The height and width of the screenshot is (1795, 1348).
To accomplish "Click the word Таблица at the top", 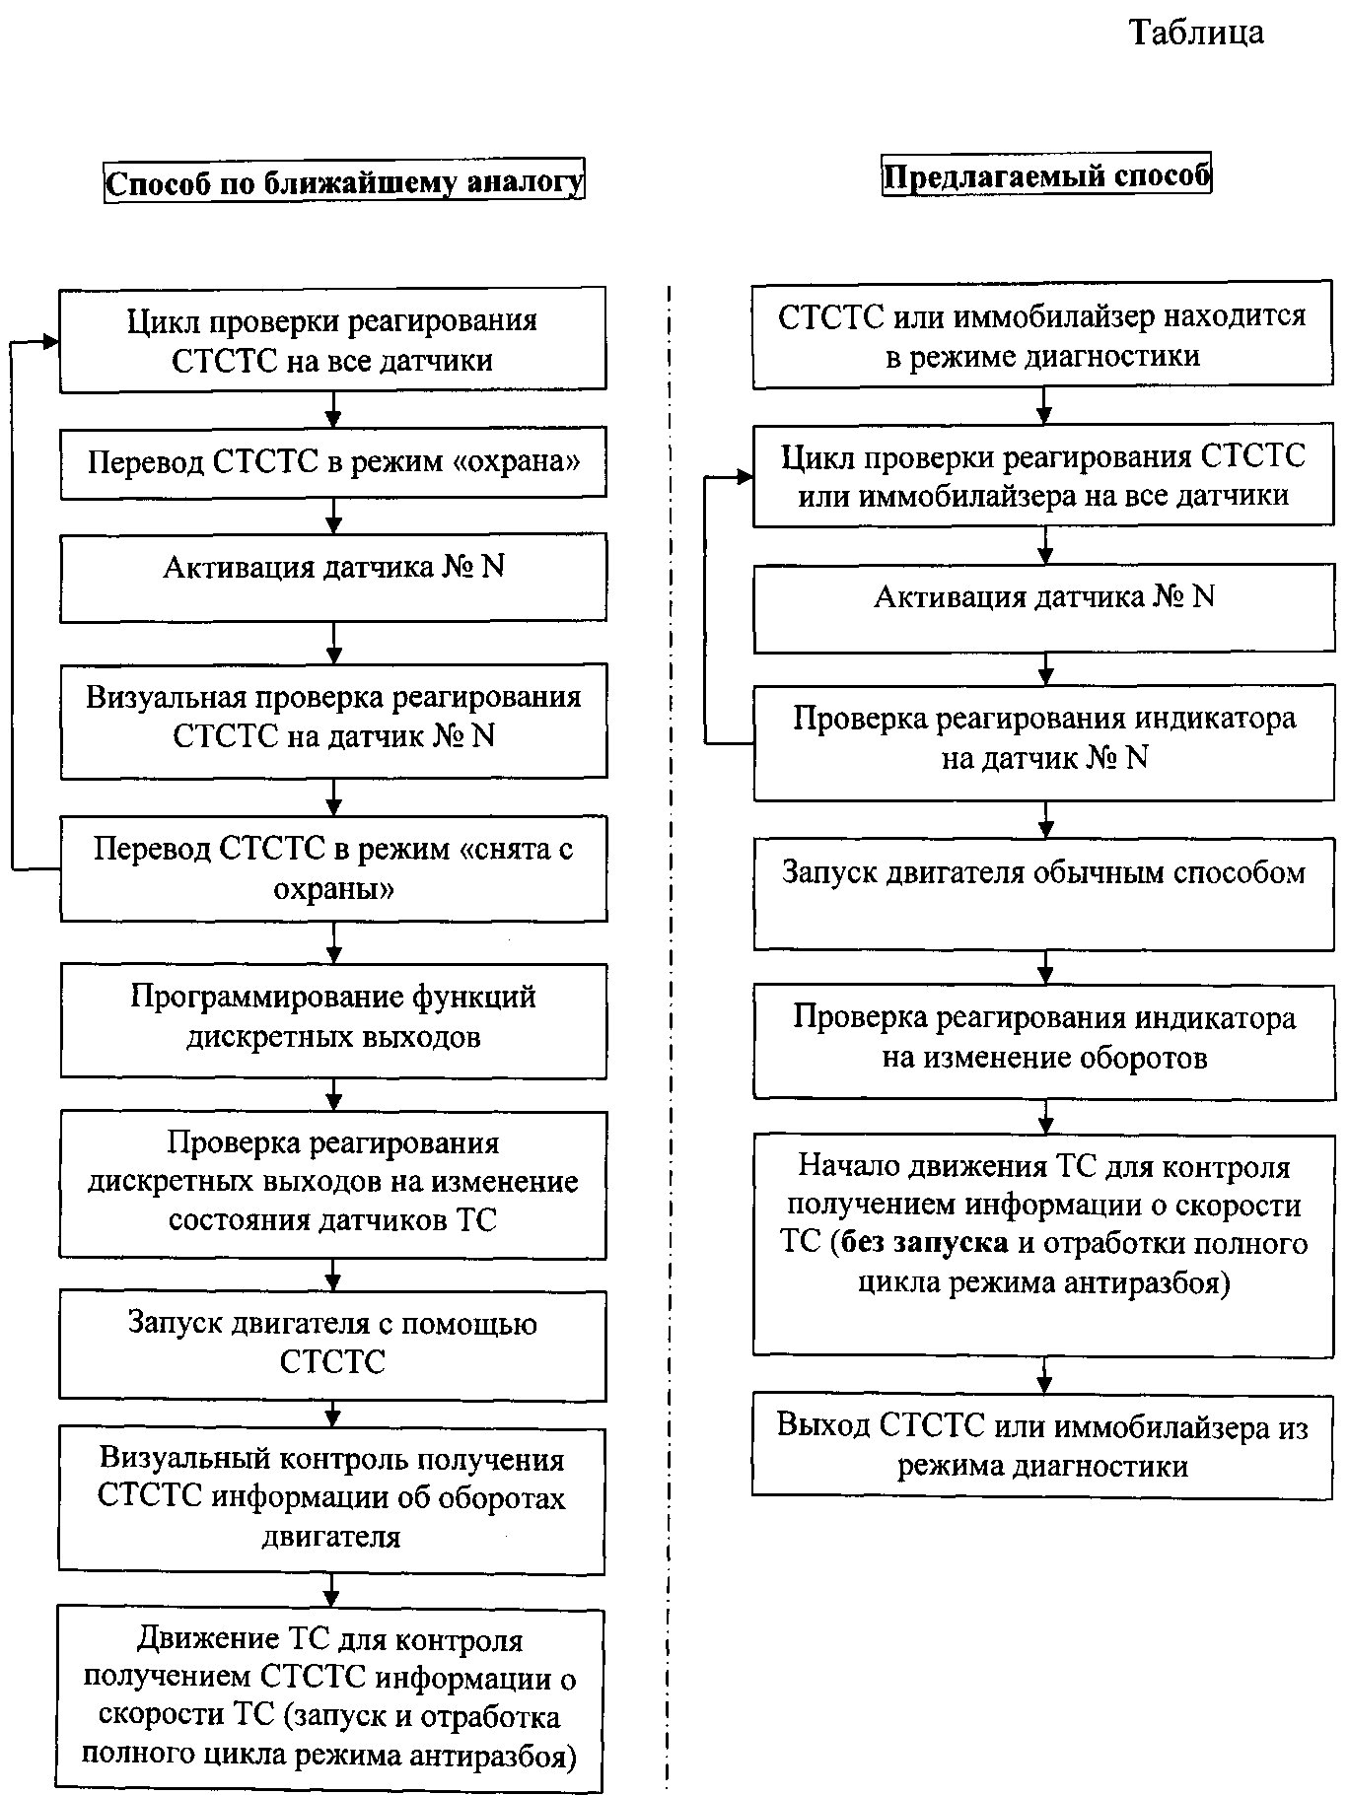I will [x=1195, y=33].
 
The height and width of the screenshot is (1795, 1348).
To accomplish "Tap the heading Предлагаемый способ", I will [x=1045, y=177].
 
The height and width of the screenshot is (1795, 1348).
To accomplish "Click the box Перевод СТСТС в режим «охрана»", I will [x=333, y=461].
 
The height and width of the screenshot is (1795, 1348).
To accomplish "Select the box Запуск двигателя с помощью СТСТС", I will [x=333, y=1344].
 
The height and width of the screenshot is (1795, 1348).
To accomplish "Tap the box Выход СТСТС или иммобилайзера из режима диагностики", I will [x=1042, y=1445].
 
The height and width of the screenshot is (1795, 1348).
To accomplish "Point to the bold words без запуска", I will [x=926, y=1243].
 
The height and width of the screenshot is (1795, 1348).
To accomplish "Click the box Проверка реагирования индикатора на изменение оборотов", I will [x=1043, y=1039].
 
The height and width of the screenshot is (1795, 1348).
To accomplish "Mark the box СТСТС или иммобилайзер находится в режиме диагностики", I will [x=1043, y=337].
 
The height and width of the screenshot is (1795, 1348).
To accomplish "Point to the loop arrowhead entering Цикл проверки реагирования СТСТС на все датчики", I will [x=50, y=341].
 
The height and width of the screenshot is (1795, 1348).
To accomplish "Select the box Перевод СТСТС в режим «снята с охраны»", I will [x=333, y=868].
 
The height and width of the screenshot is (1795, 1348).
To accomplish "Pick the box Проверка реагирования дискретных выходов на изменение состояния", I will [x=333, y=1183].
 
